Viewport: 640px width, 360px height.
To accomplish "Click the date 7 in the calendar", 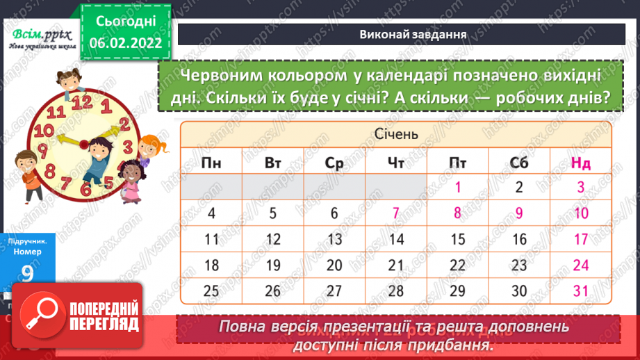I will click(x=396, y=213).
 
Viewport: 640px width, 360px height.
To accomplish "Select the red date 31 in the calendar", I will click(x=581, y=291).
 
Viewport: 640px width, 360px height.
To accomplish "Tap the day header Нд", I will click(x=581, y=163).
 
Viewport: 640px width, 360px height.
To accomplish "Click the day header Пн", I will click(x=211, y=163).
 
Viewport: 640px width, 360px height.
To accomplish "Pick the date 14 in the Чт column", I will click(x=396, y=240).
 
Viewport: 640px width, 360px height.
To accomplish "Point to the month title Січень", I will click(x=396, y=133).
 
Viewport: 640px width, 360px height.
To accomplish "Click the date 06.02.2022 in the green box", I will click(x=125, y=42).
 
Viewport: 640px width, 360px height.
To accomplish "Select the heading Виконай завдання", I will click(x=403, y=34).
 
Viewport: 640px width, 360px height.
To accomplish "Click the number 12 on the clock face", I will click(x=82, y=101).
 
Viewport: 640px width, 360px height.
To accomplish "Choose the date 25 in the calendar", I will click(x=211, y=291).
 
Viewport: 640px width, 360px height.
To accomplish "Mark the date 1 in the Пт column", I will click(x=458, y=186).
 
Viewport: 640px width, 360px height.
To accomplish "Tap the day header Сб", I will click(x=519, y=163).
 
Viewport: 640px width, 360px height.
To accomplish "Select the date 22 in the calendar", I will click(x=458, y=265).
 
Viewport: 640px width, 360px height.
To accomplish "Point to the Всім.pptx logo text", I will click(x=38, y=33).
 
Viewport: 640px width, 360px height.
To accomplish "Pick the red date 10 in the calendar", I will click(x=581, y=213).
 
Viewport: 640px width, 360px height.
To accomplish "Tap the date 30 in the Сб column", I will click(x=519, y=291).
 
